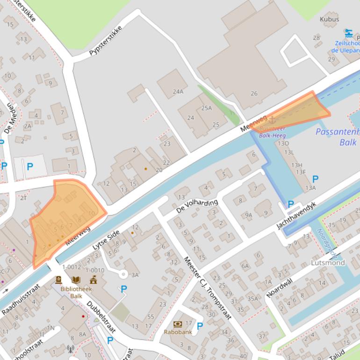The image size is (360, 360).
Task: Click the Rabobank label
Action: click(178, 332)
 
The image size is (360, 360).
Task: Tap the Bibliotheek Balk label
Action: click(76, 292)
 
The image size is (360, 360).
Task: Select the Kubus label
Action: click(329, 19)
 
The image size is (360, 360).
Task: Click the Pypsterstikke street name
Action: click(105, 41)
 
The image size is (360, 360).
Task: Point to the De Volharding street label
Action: click(197, 206)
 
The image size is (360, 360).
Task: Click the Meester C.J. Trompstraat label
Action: click(208, 288)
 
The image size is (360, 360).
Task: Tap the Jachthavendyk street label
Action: click(296, 215)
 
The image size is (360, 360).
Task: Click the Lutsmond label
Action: click(328, 263)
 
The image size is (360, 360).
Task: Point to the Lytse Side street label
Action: click(106, 240)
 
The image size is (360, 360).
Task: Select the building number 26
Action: click(254, 93)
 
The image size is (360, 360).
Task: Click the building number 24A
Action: click(178, 92)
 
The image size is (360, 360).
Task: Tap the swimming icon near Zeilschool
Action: click(348, 33)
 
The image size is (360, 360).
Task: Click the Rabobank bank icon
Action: click(178, 324)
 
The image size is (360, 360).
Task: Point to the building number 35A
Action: click(252, 298)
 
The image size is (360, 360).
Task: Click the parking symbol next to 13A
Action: click(315, 179)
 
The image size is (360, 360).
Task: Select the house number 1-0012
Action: click(72, 267)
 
